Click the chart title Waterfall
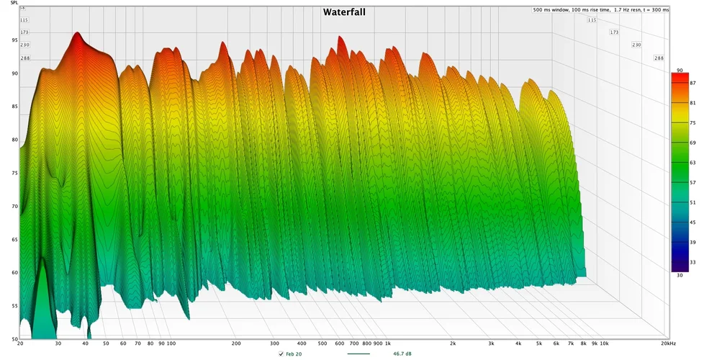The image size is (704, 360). tap(348, 12)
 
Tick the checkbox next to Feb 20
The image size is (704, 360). tap(281, 354)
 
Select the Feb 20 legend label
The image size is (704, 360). tap(294, 354)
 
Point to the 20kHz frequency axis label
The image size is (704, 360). tap(676, 344)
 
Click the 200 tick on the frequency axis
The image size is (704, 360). tap(235, 344)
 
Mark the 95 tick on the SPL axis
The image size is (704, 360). tap(14, 40)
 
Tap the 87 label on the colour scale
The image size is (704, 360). tap(692, 84)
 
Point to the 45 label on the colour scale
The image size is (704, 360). tap(692, 222)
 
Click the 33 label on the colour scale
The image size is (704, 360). tap(692, 262)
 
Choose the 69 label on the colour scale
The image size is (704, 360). tap(692, 143)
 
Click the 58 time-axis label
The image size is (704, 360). tap(22, 7)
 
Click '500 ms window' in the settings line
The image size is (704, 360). tap(549, 10)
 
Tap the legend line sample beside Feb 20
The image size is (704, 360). tap(358, 354)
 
